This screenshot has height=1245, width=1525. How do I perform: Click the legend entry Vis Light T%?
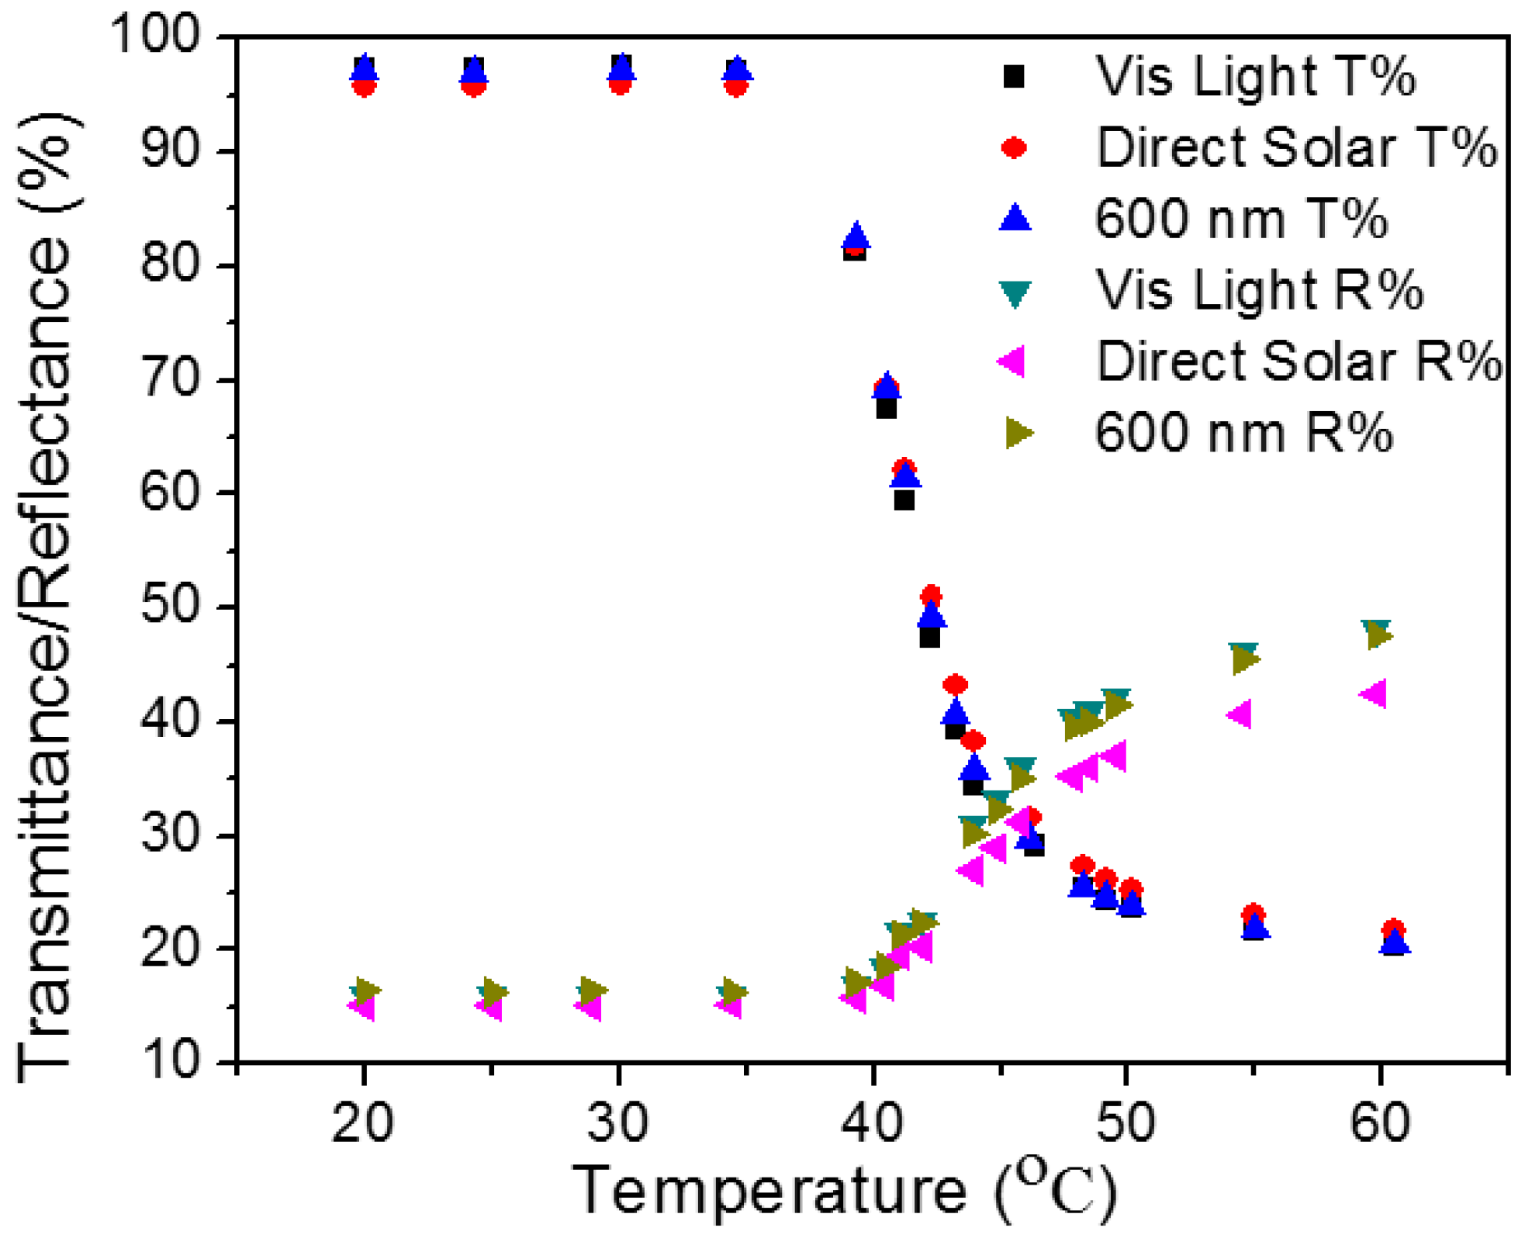click(1254, 76)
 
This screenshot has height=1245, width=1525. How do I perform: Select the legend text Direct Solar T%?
click(1295, 147)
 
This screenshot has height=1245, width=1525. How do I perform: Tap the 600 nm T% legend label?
click(1240, 219)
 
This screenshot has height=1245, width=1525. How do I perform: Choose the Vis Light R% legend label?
click(1258, 290)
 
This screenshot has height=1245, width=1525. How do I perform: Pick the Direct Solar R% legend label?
click(1298, 361)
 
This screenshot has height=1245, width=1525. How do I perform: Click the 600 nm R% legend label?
click(1243, 433)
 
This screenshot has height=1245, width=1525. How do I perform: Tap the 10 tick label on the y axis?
click(170, 1060)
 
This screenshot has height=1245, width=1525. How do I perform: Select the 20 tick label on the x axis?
click(362, 1122)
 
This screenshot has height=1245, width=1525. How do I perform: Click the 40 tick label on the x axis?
click(873, 1122)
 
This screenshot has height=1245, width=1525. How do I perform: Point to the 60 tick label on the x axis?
click(1380, 1122)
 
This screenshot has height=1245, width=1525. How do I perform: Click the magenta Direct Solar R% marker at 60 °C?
click(1373, 693)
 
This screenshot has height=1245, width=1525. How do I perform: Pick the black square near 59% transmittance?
click(904, 500)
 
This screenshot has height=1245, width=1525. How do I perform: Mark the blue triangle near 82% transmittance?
click(856, 236)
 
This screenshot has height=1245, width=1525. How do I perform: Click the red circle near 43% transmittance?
click(955, 684)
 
